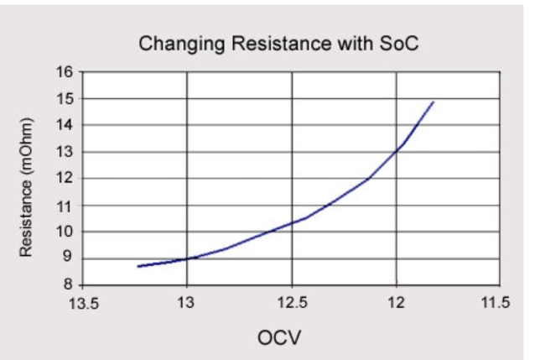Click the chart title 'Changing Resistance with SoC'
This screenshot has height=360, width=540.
(x=278, y=43)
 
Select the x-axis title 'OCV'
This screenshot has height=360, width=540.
(x=280, y=337)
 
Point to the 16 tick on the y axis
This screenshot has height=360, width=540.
(x=65, y=71)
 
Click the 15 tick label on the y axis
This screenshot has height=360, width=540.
(x=65, y=98)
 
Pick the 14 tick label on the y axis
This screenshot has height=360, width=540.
(x=65, y=125)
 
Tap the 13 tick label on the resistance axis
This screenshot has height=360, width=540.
(x=65, y=152)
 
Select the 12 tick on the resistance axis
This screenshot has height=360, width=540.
(x=65, y=179)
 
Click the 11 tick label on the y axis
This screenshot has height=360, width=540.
(x=65, y=206)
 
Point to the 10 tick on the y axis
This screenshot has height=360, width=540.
(x=65, y=232)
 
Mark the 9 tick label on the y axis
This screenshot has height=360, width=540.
(x=69, y=258)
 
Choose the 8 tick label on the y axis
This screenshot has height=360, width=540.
(x=69, y=285)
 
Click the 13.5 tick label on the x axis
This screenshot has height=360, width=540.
(x=82, y=303)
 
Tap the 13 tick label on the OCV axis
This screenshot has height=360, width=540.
(x=187, y=303)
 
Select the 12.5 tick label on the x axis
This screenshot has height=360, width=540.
(x=292, y=303)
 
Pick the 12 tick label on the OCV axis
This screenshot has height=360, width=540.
(x=397, y=303)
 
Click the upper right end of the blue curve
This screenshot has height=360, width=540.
(x=434, y=102)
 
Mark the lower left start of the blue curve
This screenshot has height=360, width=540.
(x=138, y=267)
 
